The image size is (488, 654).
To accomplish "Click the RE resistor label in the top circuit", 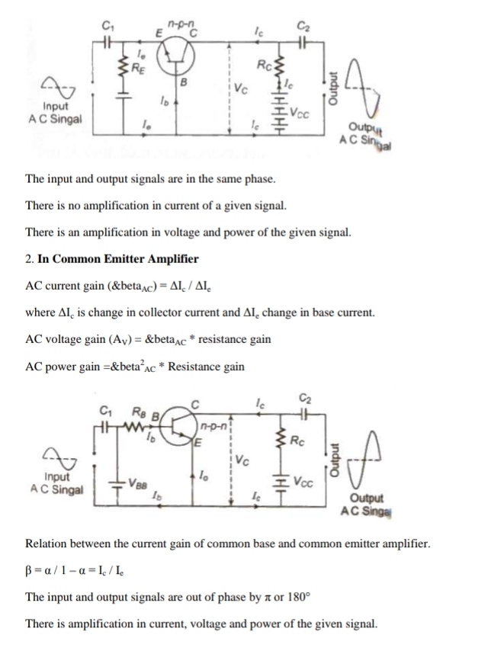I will pyautogui.click(x=137, y=67).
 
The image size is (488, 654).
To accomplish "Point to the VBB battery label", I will pyautogui.click(x=138, y=482).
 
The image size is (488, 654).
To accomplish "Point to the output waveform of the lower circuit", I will pyautogui.click(x=368, y=457).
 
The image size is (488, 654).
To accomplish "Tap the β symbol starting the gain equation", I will pyautogui.click(x=29, y=569).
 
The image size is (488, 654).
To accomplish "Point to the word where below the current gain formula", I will pyautogui.click(x=40, y=313).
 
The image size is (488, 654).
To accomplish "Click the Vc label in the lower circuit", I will pyautogui.click(x=242, y=460).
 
